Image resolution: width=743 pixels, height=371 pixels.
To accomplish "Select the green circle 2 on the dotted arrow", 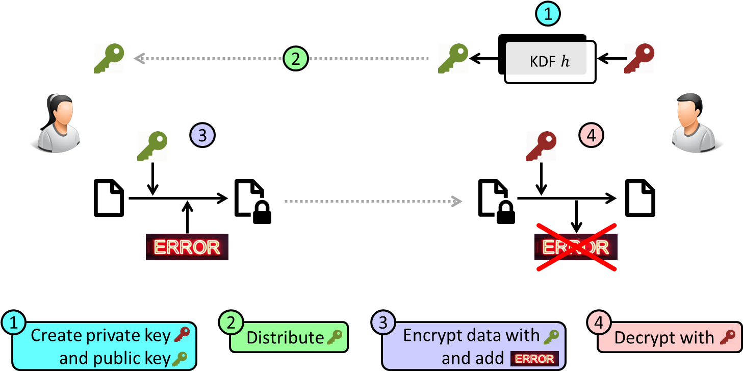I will pyautogui.click(x=296, y=59).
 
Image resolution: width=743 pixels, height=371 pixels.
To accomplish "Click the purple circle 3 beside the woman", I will pyautogui.click(x=202, y=136).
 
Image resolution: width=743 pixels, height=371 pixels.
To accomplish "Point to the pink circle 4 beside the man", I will pyautogui.click(x=592, y=136).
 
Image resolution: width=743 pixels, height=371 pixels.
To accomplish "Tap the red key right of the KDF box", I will pyautogui.click(x=639, y=58).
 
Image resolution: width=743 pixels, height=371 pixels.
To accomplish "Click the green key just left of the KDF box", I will pyautogui.click(x=453, y=58).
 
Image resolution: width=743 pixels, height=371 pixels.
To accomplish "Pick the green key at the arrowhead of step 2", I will pyautogui.click(x=109, y=58).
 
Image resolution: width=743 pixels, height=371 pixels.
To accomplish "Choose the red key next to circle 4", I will pyautogui.click(x=541, y=146).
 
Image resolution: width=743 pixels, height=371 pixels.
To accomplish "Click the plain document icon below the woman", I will pyautogui.click(x=109, y=197).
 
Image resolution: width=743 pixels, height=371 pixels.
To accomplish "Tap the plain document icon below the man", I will pyautogui.click(x=640, y=197).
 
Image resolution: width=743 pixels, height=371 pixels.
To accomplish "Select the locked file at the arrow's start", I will pyautogui.click(x=261, y=205).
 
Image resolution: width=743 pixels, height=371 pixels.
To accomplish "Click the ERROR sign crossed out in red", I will pyautogui.click(x=576, y=247).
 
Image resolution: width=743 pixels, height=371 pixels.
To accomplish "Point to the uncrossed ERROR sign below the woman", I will pyautogui.click(x=187, y=247).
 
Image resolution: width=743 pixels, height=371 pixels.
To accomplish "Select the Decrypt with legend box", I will pyautogui.click(x=669, y=337).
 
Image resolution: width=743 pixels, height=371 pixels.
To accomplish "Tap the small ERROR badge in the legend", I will pyautogui.click(x=534, y=359).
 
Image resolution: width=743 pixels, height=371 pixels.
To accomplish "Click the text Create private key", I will pyautogui.click(x=100, y=335).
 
